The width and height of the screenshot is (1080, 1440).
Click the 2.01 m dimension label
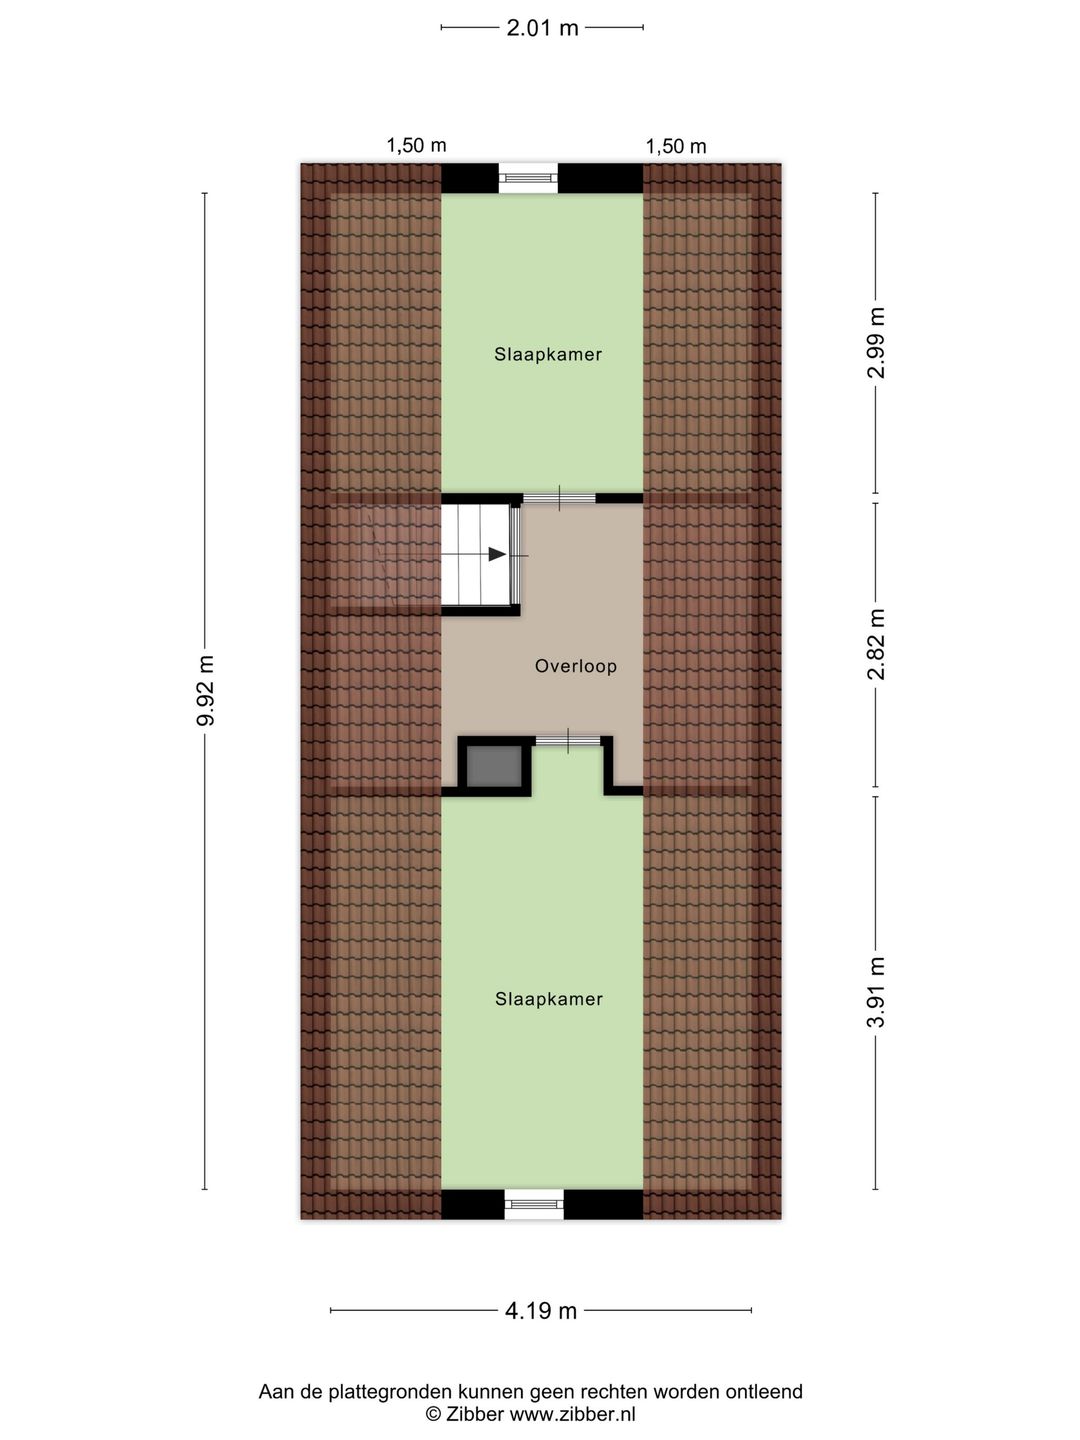tap(542, 28)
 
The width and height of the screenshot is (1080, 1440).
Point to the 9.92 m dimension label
tap(205, 691)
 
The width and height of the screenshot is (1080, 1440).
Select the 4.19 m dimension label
tap(541, 1311)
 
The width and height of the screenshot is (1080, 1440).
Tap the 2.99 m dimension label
tap(876, 342)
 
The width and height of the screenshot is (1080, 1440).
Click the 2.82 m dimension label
tap(876, 643)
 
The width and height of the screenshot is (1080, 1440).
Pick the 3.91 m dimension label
tap(876, 992)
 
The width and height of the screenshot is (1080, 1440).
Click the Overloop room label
tap(575, 666)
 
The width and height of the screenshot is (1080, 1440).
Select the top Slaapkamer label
tap(548, 354)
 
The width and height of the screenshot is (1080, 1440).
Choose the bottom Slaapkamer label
tap(549, 999)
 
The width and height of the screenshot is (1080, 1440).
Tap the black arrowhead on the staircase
tap(496, 554)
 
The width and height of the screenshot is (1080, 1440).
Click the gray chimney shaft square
tap(493, 765)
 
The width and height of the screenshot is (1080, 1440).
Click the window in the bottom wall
tap(534, 1204)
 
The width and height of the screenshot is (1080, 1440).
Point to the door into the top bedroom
tap(559, 498)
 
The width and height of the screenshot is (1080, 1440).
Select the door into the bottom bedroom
tap(568, 741)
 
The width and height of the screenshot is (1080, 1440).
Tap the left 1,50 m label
tap(416, 145)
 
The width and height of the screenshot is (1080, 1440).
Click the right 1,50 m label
tap(676, 146)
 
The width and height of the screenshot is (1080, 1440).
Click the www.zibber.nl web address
tap(573, 1414)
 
